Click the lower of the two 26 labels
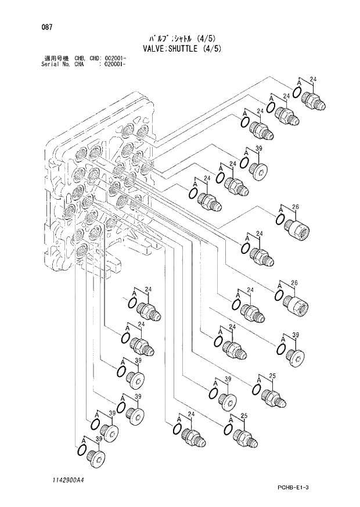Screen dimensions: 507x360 (x=295, y=283)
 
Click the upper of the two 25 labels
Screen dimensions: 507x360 (x=272, y=377)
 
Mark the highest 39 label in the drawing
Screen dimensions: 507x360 (x=259, y=149)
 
